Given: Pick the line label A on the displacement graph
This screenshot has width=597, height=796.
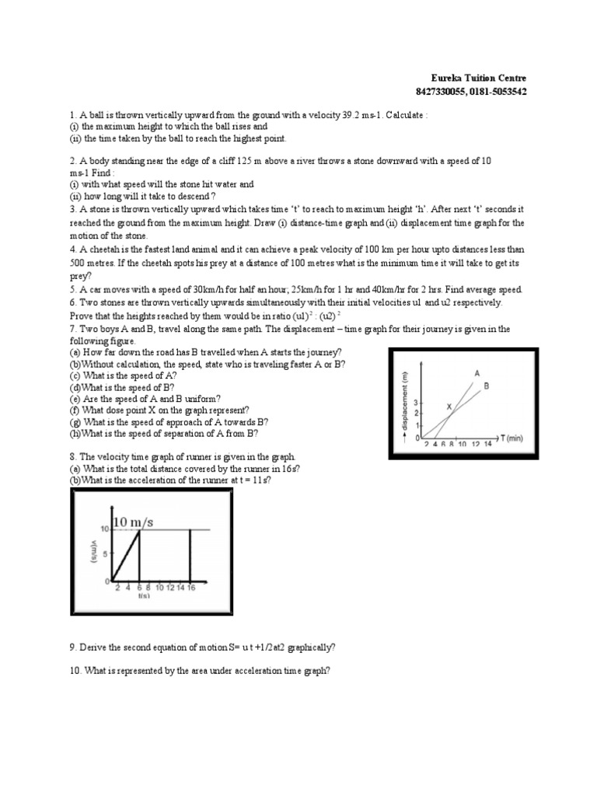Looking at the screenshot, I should pyautogui.click(x=477, y=373).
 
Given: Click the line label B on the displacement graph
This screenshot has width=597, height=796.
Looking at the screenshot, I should pyautogui.click(x=486, y=385).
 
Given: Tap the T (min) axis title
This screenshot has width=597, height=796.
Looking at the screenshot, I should pyautogui.click(x=510, y=438).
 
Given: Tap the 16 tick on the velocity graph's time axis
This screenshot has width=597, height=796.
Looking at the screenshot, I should pyautogui.click(x=190, y=588).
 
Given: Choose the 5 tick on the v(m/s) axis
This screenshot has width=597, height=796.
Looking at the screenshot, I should pyautogui.click(x=105, y=555).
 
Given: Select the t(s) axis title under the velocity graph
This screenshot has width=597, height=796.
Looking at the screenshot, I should pyautogui.click(x=144, y=596).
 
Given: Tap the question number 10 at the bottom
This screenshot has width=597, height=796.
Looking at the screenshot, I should pyautogui.click(x=75, y=672).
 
